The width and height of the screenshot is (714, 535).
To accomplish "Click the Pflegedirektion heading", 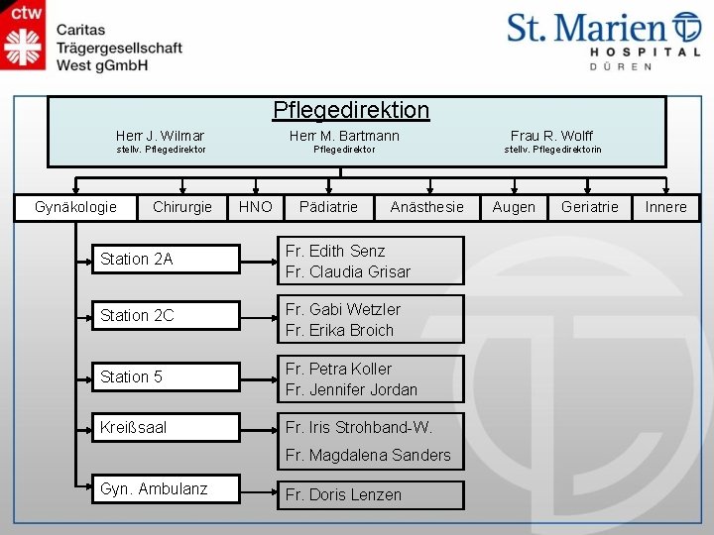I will coord(351,110).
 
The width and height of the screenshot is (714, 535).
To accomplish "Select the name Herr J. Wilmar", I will coord(160,135).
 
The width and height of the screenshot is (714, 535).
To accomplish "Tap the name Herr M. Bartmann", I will coord(344,135).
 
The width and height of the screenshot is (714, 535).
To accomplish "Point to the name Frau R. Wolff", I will coord(551,135).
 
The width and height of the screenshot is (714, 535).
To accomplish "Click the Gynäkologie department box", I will coord(75,207).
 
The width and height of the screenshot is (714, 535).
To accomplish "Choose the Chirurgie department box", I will coord(181,207).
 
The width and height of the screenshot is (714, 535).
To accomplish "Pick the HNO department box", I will coord(256,207).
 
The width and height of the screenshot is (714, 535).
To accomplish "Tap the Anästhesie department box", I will coord(426,207).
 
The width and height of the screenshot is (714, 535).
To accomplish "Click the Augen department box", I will coord(514,207).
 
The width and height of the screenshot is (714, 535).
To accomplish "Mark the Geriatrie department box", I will coord(589,207).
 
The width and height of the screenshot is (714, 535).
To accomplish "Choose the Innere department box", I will coord(665,207).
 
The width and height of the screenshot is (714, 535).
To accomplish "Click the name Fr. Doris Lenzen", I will coord(343,494).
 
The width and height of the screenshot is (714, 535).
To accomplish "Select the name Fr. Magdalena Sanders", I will coord(368,456).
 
